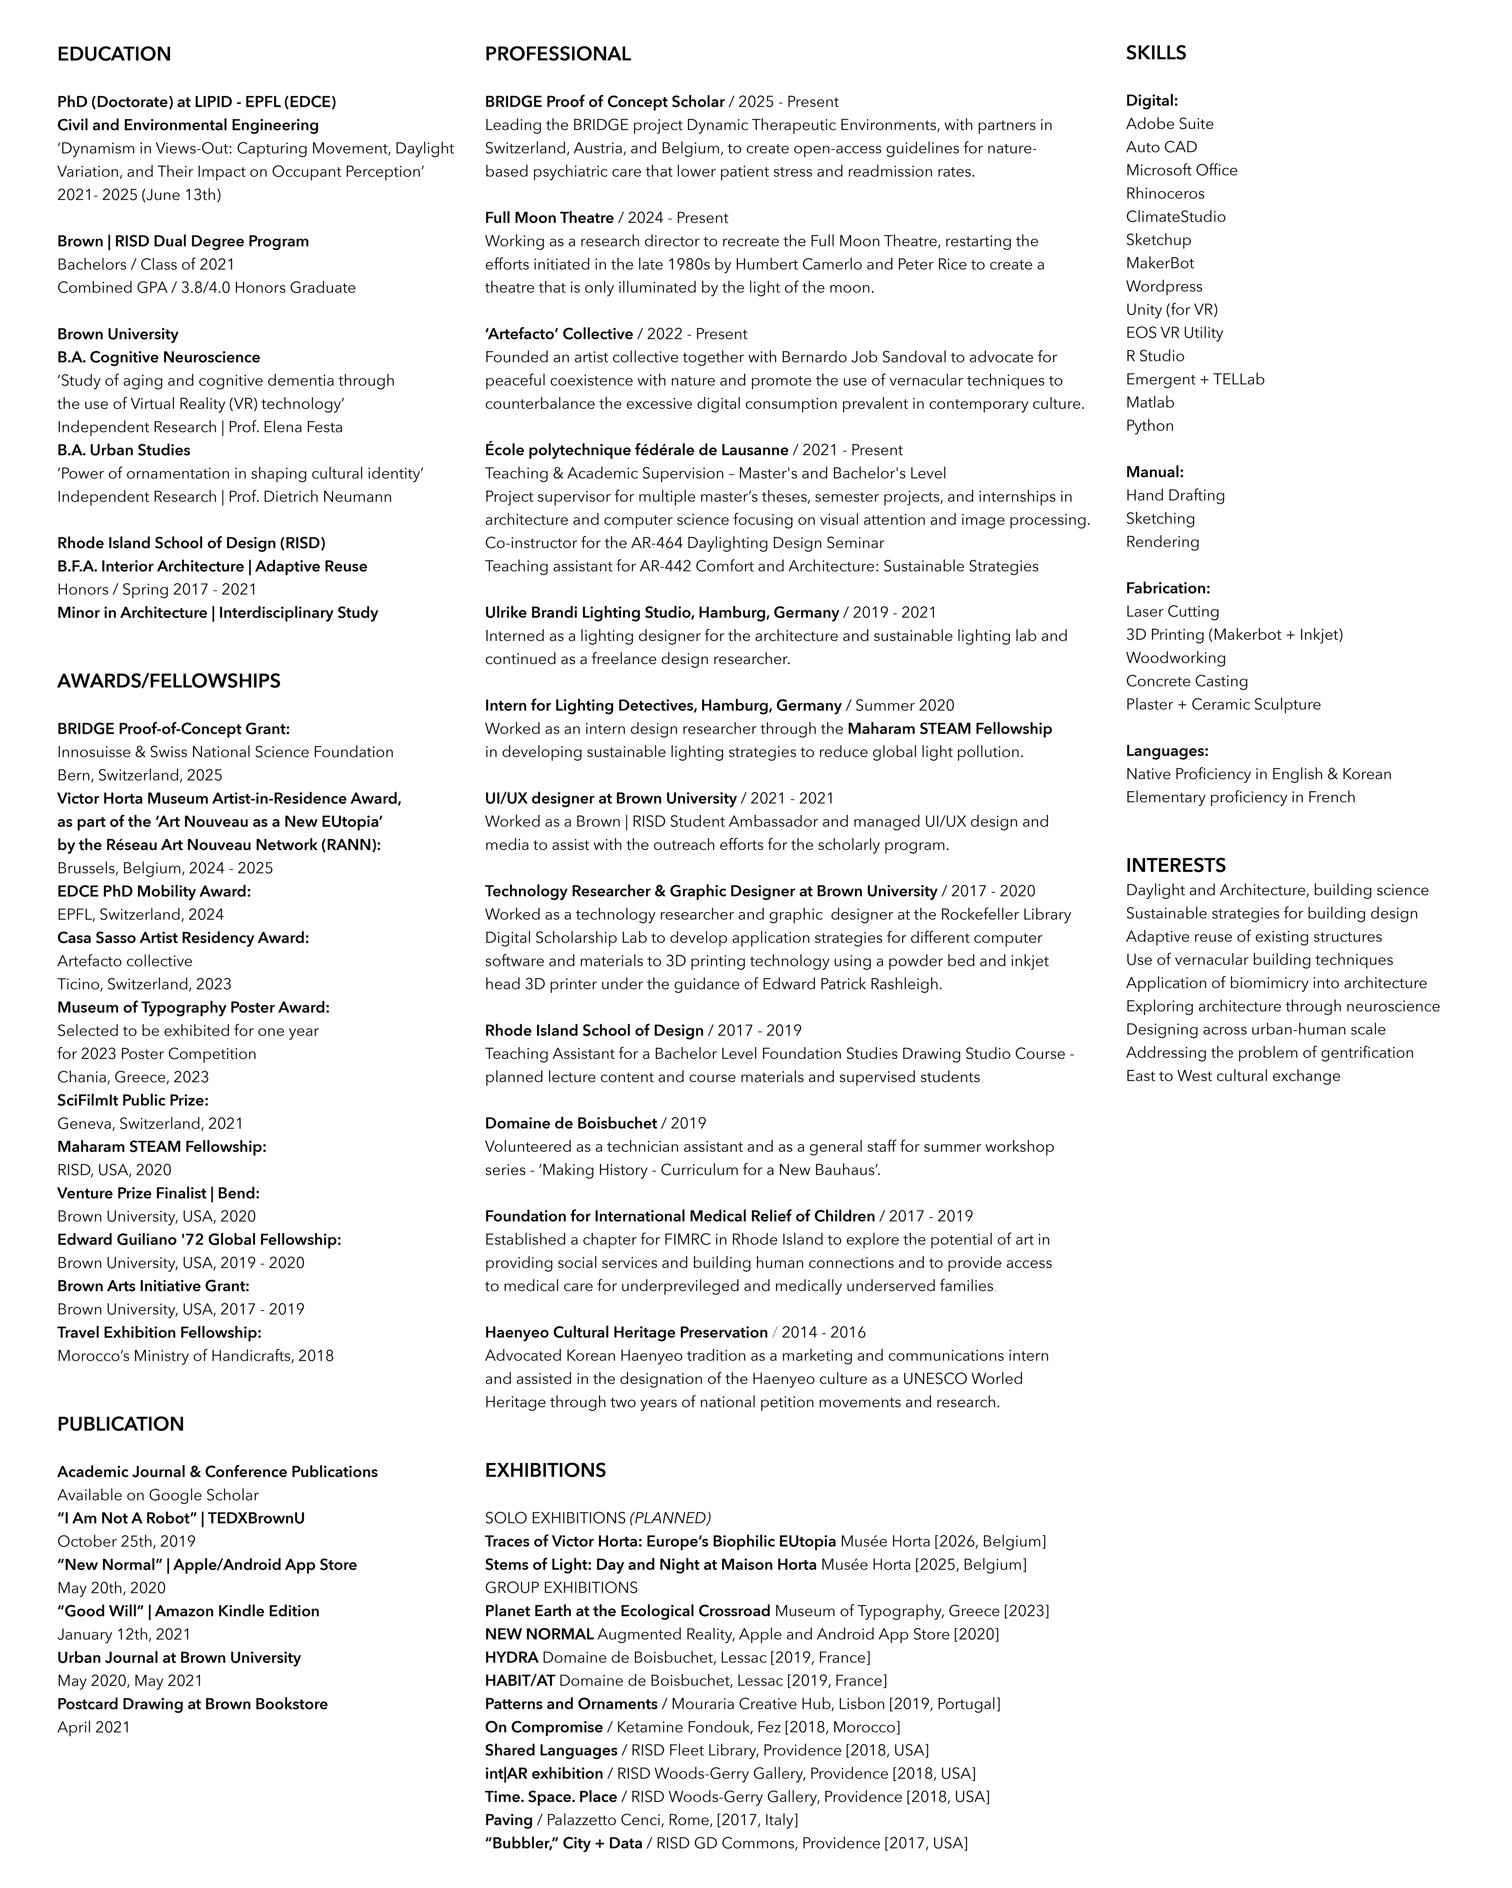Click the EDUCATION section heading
coord(114,54)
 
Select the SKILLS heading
coord(1156,52)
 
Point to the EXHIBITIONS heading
coord(545,1470)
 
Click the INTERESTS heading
coord(1176,865)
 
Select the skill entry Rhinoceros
coord(1165,194)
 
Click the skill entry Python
coord(1149,426)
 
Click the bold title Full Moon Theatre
coord(549,218)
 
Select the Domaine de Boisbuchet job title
coord(570,1124)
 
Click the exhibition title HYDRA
coord(511,1658)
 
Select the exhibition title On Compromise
coord(543,1727)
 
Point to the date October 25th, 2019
coord(126,1541)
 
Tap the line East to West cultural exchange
coord(1232,1076)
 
